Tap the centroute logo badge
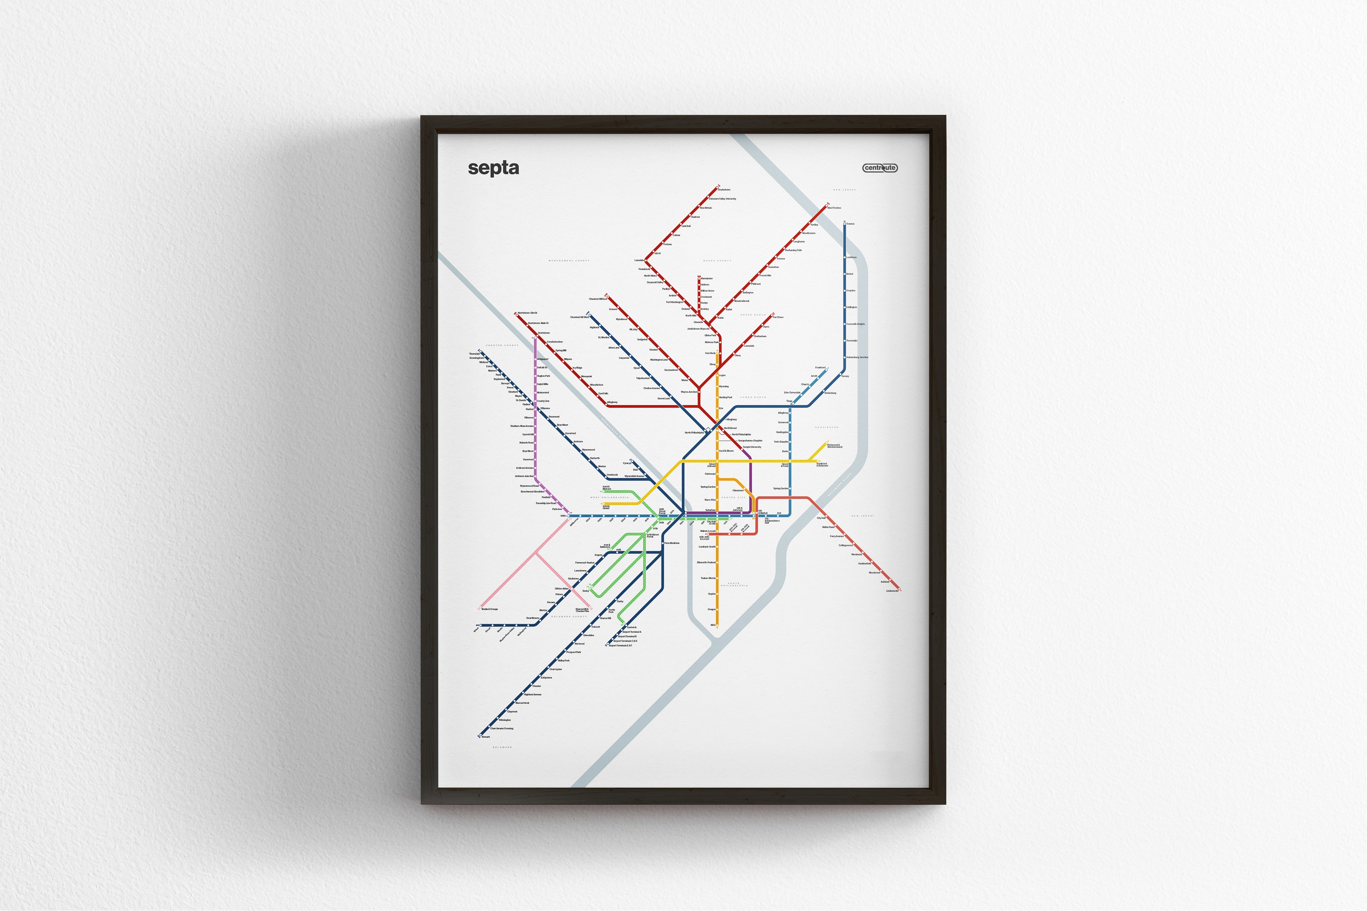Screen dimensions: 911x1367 [880, 168]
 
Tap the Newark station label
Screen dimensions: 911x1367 [486, 737]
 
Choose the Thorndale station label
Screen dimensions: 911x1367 [475, 353]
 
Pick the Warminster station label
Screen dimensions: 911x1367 [707, 279]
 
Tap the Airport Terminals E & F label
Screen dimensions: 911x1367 [620, 646]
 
